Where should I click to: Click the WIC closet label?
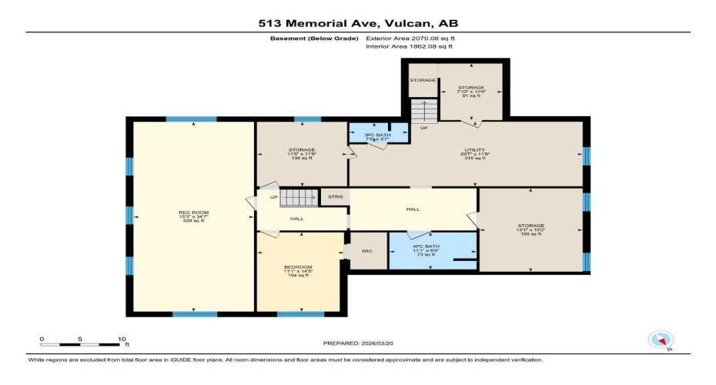click(368, 251)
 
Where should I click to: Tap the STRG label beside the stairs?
click(335, 198)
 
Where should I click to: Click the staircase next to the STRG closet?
click(297, 198)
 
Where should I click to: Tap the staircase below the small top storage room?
click(423, 112)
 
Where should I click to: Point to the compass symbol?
click(661, 340)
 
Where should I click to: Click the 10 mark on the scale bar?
click(122, 339)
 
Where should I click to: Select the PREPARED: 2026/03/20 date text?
click(357, 342)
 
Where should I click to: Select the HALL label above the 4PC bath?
click(413, 209)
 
